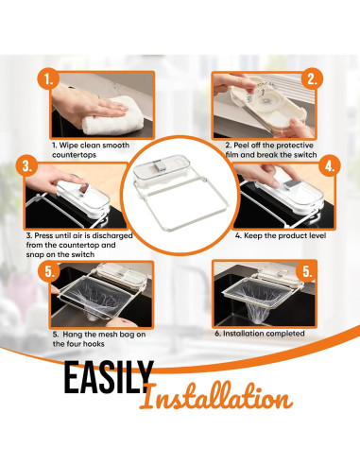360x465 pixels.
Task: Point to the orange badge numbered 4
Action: coord(330,169)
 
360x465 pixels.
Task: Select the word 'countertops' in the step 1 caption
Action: coord(77,154)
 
